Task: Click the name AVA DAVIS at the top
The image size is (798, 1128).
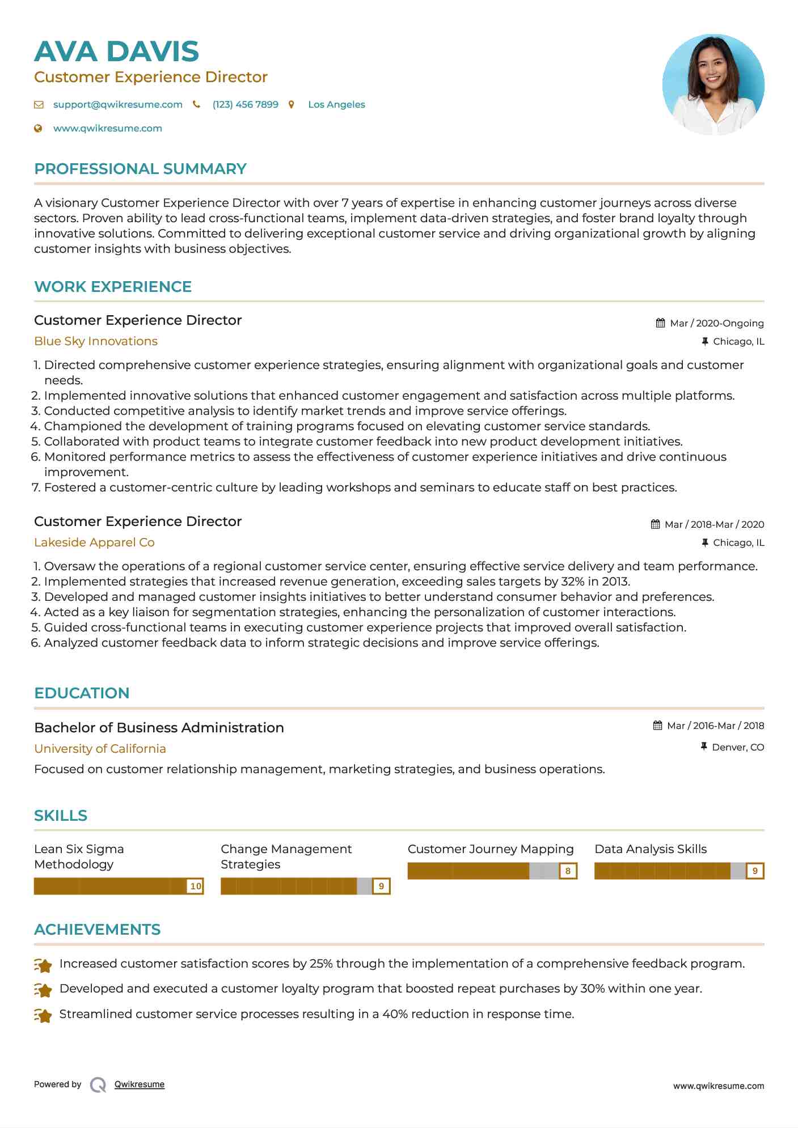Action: click(116, 52)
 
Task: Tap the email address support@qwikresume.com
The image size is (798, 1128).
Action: click(117, 104)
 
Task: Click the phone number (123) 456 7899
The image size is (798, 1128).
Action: click(245, 104)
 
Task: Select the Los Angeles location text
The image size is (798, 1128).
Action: click(336, 104)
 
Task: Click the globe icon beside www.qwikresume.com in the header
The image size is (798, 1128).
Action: click(38, 128)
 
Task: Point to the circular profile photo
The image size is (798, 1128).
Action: click(713, 84)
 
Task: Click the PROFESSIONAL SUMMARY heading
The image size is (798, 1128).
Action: click(140, 169)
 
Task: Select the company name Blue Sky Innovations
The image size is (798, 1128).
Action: click(95, 341)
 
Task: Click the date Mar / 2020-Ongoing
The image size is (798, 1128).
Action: click(716, 323)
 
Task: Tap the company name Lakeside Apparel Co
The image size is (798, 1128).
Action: click(94, 542)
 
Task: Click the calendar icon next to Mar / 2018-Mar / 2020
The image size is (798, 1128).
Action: click(655, 524)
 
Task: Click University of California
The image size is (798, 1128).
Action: click(100, 749)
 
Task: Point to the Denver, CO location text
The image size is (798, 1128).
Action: click(738, 747)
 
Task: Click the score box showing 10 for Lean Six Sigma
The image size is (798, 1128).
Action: click(196, 886)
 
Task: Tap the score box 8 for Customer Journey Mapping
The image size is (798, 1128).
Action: click(568, 871)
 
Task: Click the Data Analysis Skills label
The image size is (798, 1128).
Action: click(651, 849)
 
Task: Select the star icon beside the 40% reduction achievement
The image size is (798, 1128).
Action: click(43, 1015)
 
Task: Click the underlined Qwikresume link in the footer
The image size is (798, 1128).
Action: click(139, 1084)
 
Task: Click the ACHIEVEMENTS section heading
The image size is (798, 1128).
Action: click(97, 930)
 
